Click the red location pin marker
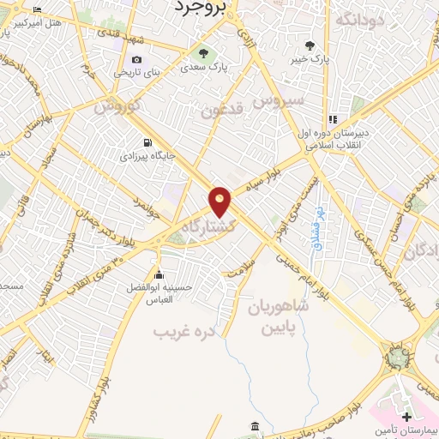pyautogui.click(x=220, y=201)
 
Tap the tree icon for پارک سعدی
pyautogui.click(x=203, y=53)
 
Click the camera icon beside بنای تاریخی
pyautogui.click(x=136, y=59)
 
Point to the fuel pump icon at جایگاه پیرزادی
pyautogui.click(x=148, y=143)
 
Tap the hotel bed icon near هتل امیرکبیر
pyautogui.click(x=36, y=10)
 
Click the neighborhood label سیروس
pyautogui.click(x=284, y=102)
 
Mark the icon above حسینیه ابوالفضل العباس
pyautogui.click(x=159, y=274)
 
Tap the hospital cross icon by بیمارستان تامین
pyautogui.click(x=406, y=418)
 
